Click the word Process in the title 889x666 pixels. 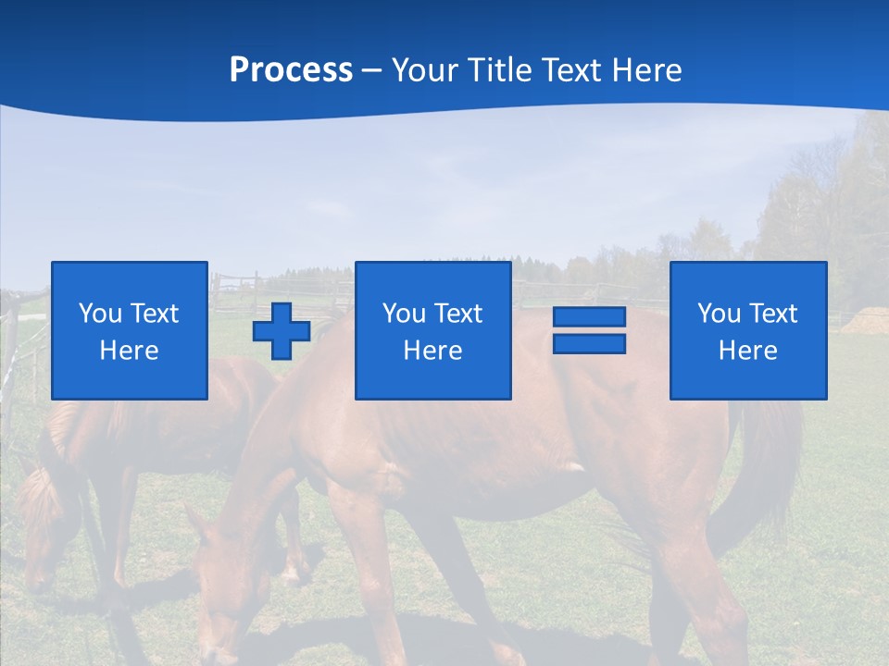(x=291, y=70)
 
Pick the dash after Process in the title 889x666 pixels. (x=372, y=71)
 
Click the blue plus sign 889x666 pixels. (x=282, y=330)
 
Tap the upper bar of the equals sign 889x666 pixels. (x=589, y=317)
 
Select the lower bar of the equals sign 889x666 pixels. (x=589, y=343)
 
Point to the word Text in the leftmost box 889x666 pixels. (x=154, y=314)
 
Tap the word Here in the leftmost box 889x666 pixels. (x=129, y=351)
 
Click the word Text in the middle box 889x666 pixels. (x=457, y=314)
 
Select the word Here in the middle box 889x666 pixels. (x=432, y=351)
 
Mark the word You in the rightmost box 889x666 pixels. (x=720, y=314)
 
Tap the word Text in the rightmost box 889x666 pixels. (x=772, y=314)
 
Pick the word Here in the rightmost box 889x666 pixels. (x=747, y=351)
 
